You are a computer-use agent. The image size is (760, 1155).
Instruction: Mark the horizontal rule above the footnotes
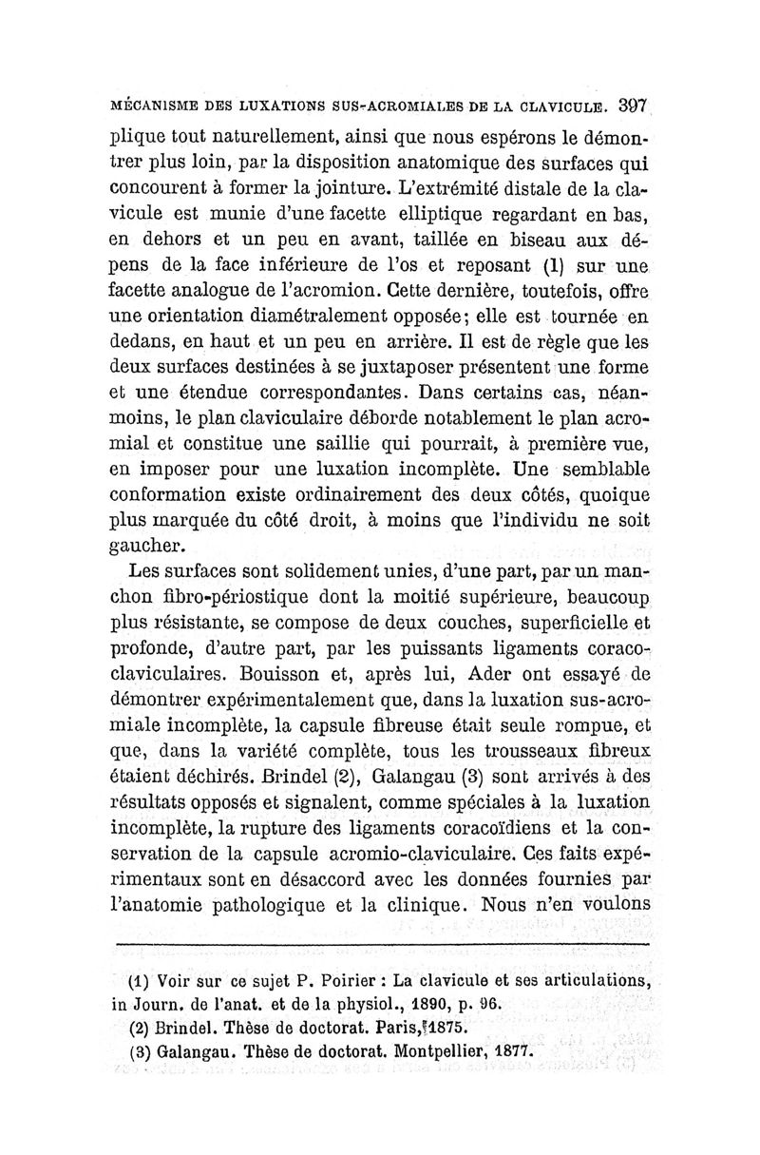[x=381, y=945]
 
